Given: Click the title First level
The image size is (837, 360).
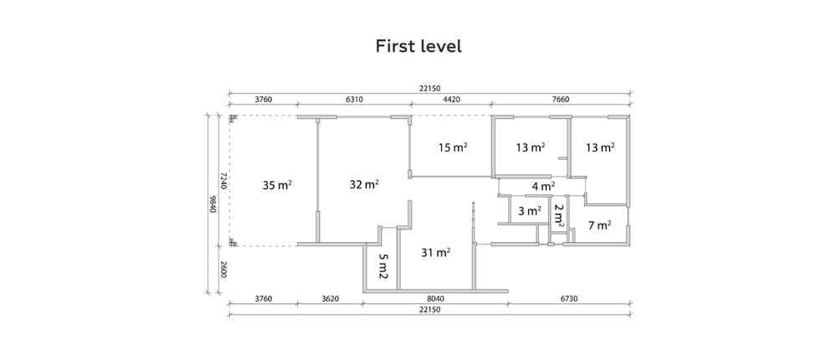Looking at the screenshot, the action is [418, 46].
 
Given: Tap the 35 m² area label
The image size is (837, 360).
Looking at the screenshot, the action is [277, 185].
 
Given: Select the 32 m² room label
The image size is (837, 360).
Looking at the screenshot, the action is [364, 184].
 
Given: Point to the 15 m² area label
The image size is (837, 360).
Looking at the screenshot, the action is [453, 147].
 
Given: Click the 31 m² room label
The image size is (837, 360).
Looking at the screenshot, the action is [435, 253].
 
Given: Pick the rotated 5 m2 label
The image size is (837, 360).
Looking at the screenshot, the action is [383, 266].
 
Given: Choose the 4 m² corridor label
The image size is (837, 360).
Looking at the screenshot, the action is [543, 187].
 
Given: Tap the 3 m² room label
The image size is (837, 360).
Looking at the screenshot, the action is [530, 211].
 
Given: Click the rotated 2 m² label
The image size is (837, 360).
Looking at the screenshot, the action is [558, 214].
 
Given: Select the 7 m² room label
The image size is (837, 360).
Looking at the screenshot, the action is [599, 225].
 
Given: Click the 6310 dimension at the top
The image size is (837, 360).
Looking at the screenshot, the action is [354, 100].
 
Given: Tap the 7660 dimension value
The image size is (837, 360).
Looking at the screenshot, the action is [561, 100].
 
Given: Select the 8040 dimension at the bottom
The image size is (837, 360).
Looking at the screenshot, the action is [435, 299].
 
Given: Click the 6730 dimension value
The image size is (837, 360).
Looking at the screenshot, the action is [569, 299].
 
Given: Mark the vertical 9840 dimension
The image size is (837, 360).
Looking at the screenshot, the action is [213, 204].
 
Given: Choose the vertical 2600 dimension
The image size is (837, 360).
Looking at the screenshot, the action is [224, 270].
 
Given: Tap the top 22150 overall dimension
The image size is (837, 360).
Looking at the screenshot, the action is [430, 88].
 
